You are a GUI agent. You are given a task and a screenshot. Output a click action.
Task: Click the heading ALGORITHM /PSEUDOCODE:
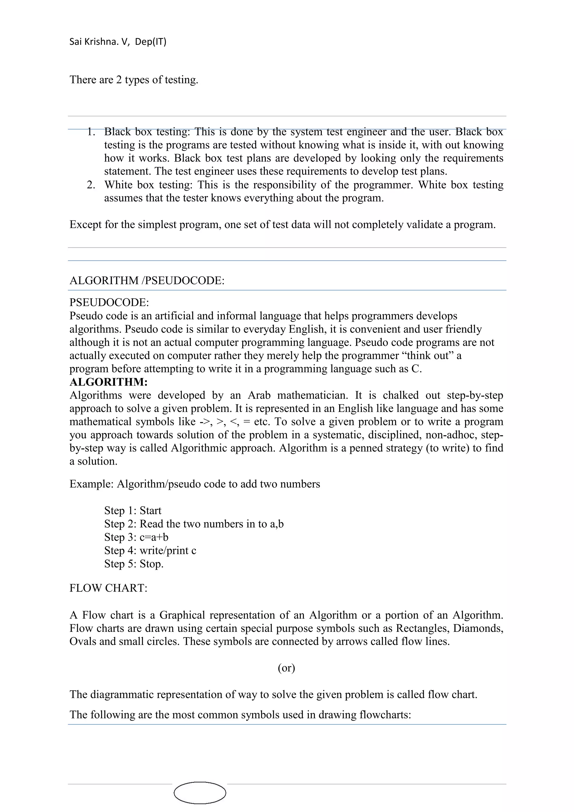[x=147, y=280]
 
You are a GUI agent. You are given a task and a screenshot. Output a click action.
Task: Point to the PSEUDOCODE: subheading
[x=109, y=303]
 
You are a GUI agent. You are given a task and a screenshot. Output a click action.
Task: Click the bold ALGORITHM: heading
[x=108, y=382]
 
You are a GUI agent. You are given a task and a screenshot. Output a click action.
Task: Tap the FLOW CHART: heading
[x=108, y=588]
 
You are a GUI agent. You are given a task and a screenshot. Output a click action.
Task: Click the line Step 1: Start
[x=133, y=511]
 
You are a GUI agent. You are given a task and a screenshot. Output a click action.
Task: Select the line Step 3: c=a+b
[x=136, y=537]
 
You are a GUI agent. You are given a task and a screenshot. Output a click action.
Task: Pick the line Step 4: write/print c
[x=150, y=551]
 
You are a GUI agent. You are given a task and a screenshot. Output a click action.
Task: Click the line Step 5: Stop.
[x=134, y=564]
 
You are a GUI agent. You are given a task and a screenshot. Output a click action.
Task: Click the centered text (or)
[x=286, y=668]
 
